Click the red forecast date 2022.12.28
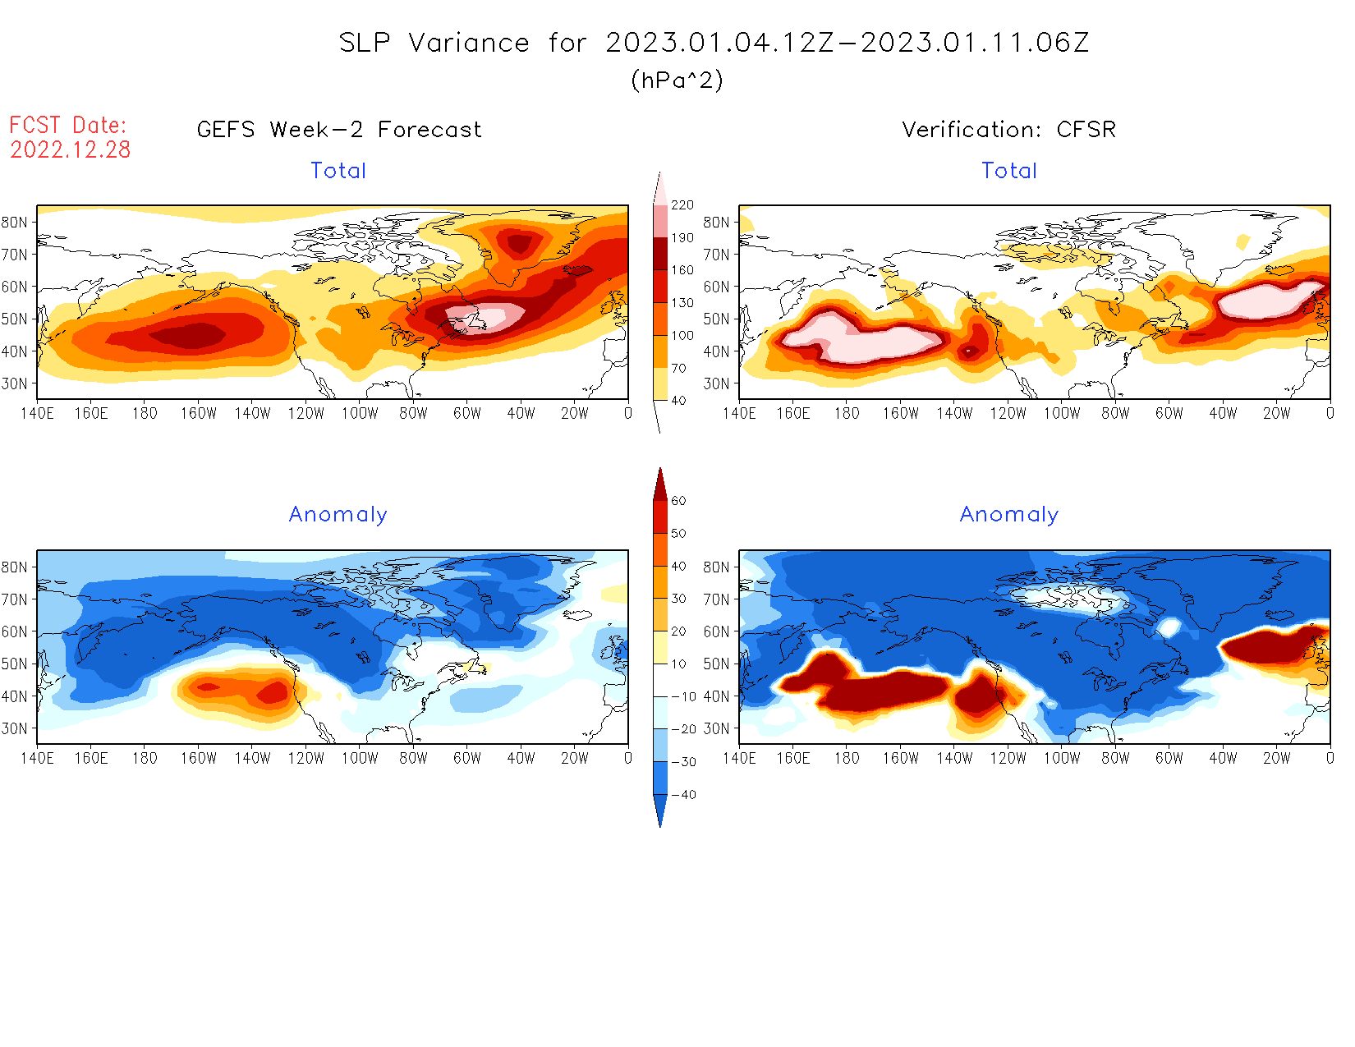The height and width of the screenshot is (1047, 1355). (71, 149)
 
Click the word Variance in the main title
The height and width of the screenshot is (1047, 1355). (469, 43)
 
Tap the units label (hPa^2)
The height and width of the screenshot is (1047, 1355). (677, 80)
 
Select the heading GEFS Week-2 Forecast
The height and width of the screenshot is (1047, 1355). (339, 130)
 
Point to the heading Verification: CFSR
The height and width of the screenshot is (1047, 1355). (1008, 130)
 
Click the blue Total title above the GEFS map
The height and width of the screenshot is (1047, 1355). (338, 171)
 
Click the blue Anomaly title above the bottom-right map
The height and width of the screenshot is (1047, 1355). (1008, 515)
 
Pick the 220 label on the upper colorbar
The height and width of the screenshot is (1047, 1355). (682, 205)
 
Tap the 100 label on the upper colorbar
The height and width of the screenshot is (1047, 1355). (682, 336)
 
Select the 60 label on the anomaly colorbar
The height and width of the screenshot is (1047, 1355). (678, 501)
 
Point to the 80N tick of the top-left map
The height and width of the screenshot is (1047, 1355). (14, 223)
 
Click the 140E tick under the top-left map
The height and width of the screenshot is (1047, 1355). (37, 413)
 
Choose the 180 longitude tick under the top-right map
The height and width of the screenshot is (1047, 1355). (847, 413)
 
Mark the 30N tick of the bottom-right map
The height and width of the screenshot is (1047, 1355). (716, 728)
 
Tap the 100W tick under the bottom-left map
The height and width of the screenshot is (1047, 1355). (360, 758)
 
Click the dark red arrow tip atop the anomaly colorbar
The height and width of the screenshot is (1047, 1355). (660, 480)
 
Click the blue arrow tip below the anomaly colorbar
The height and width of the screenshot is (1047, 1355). (660, 817)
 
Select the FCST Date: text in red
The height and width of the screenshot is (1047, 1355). (68, 125)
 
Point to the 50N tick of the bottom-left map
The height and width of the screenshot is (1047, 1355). (14, 664)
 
